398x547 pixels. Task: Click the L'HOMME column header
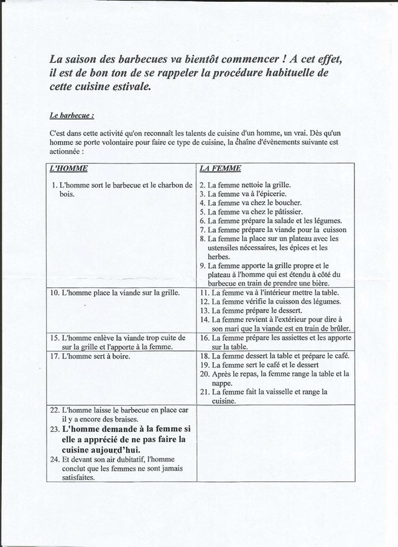[68, 168]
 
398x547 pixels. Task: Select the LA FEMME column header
[220, 168]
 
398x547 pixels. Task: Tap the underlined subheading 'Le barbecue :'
[72, 115]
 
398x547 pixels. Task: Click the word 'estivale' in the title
[127, 87]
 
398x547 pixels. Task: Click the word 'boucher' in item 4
[287, 203]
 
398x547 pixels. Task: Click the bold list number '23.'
[53, 430]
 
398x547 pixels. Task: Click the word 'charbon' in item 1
[168, 185]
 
